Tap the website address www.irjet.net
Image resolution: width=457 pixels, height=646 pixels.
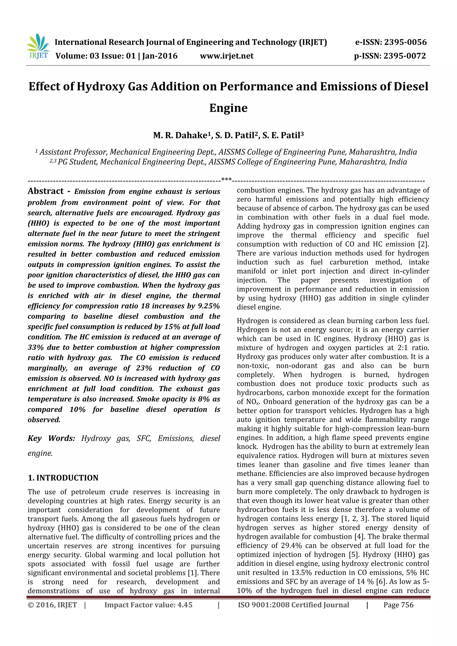(227, 56)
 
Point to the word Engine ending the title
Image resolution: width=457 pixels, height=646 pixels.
(228, 108)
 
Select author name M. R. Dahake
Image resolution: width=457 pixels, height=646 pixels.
(180, 136)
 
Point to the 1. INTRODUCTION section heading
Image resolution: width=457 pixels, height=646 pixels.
(63, 478)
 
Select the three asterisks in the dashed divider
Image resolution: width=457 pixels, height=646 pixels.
(227, 180)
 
